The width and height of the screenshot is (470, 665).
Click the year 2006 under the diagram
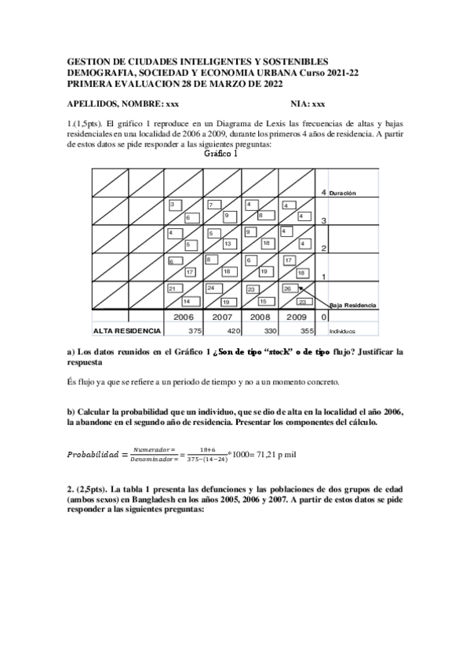183,317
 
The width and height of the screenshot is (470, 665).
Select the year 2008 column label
259,317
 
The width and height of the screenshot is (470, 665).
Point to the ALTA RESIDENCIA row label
126,331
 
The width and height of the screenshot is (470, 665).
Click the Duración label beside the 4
343,193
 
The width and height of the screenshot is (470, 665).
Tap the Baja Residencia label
353,305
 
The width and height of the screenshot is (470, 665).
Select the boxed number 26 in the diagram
288,289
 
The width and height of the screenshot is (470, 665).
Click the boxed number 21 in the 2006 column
173,289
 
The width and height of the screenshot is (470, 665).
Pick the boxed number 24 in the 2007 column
211,289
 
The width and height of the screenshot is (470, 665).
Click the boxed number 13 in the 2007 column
226,244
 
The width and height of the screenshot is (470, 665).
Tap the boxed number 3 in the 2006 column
173,205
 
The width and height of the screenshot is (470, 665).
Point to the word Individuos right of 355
342,332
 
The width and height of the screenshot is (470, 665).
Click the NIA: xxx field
308,104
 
